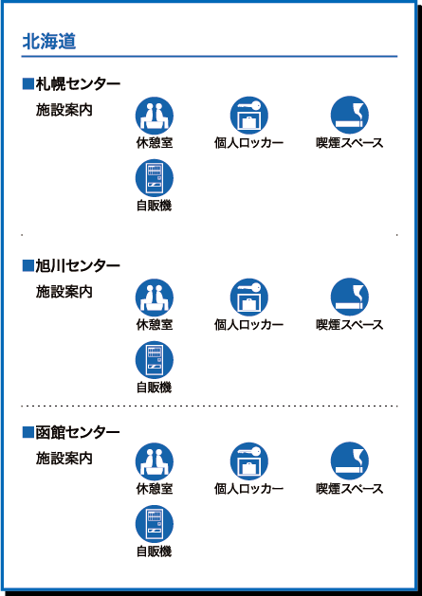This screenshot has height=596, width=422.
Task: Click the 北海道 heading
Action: (x=49, y=43)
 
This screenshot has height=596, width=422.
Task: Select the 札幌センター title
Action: (x=78, y=84)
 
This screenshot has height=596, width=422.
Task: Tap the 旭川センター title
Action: (x=78, y=266)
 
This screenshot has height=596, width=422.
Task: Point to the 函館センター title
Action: (x=78, y=433)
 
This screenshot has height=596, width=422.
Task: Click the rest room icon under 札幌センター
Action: (x=155, y=116)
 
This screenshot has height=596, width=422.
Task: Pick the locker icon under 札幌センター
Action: (x=248, y=116)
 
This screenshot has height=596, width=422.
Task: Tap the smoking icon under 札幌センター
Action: (x=349, y=116)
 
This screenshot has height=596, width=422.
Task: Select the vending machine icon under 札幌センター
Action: (x=155, y=178)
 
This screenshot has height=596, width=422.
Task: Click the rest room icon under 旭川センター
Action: (x=155, y=298)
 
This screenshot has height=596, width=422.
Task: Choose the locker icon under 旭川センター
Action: (x=248, y=298)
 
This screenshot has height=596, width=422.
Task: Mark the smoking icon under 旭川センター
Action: (x=349, y=298)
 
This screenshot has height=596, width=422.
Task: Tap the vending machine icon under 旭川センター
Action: (x=155, y=360)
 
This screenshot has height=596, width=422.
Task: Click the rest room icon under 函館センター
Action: (x=155, y=461)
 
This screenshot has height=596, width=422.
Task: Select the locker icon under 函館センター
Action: (x=248, y=461)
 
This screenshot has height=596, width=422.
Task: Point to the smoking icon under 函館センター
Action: (x=349, y=461)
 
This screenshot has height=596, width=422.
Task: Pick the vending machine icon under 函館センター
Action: (x=155, y=524)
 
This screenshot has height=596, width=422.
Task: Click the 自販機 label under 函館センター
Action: (x=155, y=551)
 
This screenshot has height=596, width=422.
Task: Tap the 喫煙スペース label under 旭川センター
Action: (x=349, y=325)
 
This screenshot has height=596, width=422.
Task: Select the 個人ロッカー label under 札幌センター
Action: (x=248, y=143)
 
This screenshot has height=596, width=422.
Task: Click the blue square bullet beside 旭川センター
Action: (x=28, y=265)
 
